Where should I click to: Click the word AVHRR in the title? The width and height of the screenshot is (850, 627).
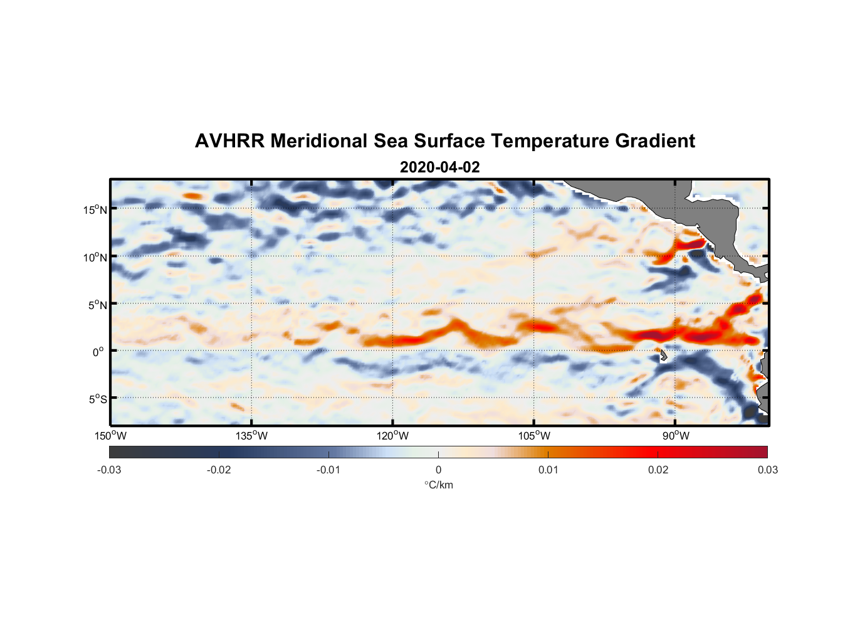click(229, 141)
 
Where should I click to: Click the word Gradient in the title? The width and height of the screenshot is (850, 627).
click(654, 141)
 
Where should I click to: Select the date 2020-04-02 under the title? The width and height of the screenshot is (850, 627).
click(439, 167)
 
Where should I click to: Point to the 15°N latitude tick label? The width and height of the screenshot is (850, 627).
click(95, 209)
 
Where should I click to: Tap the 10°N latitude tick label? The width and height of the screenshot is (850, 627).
click(95, 257)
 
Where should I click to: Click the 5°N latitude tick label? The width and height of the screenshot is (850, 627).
click(97, 305)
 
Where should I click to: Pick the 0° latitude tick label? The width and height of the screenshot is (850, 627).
click(99, 352)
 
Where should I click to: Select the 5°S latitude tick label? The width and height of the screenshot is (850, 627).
click(97, 399)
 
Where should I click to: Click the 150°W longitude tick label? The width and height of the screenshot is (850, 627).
click(110, 436)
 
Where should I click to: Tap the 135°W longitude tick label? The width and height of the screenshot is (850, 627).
click(252, 436)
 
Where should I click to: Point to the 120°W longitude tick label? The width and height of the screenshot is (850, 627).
click(393, 436)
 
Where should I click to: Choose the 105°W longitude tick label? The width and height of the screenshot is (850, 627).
click(534, 436)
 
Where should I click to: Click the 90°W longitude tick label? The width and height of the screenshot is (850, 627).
click(675, 436)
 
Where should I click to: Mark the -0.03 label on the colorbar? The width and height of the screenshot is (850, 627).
click(109, 470)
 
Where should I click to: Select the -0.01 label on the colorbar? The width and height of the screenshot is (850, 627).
click(328, 470)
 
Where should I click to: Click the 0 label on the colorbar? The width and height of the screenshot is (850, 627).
click(438, 470)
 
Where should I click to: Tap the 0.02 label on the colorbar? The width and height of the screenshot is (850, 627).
click(658, 470)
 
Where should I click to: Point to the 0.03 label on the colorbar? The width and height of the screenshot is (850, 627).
click(767, 470)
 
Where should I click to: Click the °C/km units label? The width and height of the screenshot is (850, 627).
click(438, 485)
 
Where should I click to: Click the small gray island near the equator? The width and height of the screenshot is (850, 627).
click(663, 356)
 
